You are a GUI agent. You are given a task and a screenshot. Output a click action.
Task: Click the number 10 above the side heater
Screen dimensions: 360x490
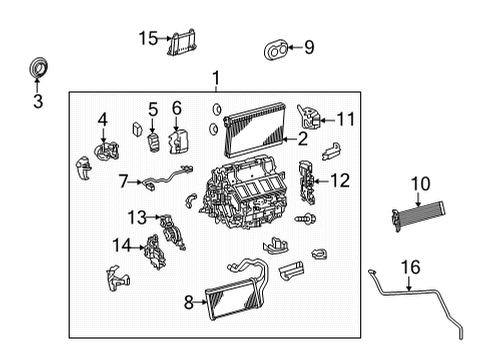click(x=419, y=183)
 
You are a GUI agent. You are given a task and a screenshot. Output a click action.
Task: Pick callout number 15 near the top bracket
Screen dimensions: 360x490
click(x=148, y=39)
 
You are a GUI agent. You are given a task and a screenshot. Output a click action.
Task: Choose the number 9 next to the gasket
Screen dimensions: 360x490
click(x=309, y=46)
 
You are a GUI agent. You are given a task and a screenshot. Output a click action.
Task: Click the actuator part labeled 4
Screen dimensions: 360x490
click(x=104, y=153)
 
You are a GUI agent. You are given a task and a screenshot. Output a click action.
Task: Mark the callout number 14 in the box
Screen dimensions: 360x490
click(x=121, y=245)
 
